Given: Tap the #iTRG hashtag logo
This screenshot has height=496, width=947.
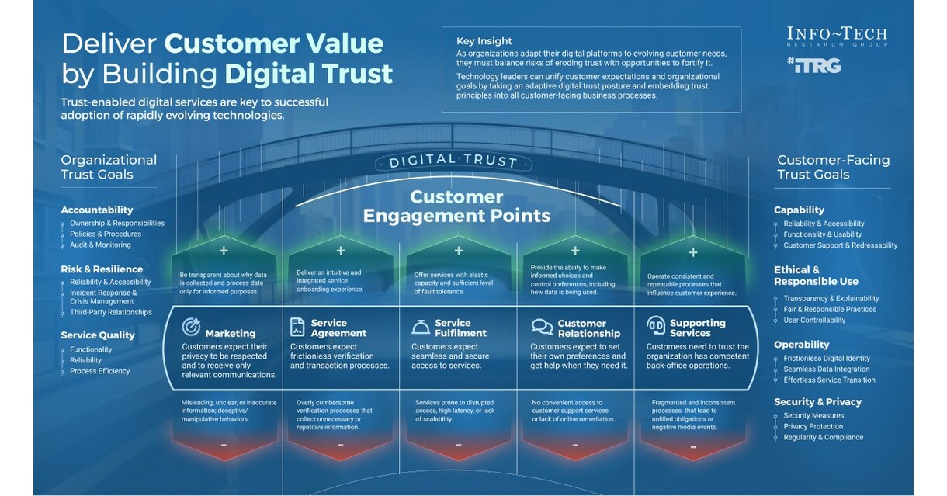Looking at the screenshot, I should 813,65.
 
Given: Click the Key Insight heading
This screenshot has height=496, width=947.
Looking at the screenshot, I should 484,41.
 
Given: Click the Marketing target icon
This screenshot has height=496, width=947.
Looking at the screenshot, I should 191,326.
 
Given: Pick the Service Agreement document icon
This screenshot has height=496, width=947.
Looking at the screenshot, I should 297,326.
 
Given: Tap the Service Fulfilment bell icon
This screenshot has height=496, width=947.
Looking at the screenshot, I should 420,326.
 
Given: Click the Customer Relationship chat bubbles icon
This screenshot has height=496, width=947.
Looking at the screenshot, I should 541,326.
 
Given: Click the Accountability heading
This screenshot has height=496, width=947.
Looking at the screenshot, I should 97,210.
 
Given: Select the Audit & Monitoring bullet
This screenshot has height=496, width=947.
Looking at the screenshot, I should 100,245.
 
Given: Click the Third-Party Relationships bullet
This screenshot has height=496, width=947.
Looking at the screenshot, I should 110,312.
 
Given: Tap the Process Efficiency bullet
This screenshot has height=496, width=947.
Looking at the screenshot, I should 99,371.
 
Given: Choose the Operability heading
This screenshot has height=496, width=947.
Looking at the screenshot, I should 801,344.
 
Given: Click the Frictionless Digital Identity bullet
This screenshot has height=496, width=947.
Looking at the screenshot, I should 827,358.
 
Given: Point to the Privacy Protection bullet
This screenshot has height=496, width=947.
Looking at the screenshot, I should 813,426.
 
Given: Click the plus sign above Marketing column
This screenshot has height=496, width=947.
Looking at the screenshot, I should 224,251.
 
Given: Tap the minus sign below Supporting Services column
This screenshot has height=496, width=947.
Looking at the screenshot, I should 692,446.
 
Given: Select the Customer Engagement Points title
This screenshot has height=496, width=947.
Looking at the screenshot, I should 457,206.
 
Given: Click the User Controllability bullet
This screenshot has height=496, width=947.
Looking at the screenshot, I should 814,320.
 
